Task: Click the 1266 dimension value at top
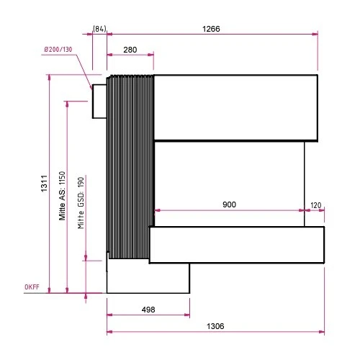click(211, 29)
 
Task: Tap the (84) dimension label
click(99, 29)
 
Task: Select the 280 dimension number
click(130, 50)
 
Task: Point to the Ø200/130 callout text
click(58, 50)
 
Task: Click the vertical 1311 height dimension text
click(45, 184)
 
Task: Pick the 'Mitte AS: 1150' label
click(62, 196)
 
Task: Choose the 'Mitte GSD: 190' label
click(81, 203)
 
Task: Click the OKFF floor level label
click(32, 287)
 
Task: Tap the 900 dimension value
click(229, 204)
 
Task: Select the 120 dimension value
click(316, 205)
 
